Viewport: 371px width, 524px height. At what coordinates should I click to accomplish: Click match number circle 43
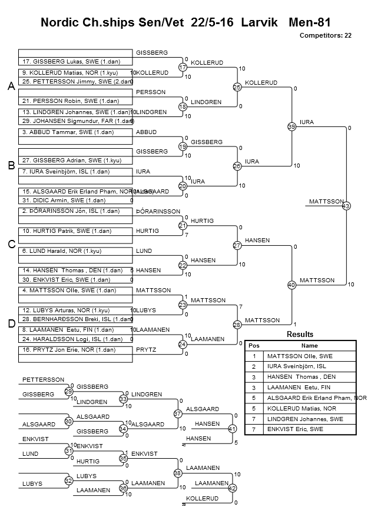click(x=346, y=206)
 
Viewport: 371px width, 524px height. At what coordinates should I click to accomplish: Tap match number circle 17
click(x=183, y=68)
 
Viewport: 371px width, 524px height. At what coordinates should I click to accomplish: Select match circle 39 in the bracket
click(x=291, y=126)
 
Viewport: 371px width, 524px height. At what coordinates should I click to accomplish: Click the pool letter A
click(x=11, y=86)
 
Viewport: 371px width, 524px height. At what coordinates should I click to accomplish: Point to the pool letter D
click(x=11, y=324)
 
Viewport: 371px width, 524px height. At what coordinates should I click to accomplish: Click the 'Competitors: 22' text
click(x=326, y=35)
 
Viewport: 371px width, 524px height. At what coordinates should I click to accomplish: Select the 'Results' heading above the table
click(x=300, y=334)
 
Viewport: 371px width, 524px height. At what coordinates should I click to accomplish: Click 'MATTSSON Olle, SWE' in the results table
click(x=300, y=356)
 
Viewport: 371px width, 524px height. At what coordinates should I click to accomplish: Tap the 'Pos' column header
click(x=254, y=346)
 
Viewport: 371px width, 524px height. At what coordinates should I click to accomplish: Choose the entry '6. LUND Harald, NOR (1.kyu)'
click(x=62, y=251)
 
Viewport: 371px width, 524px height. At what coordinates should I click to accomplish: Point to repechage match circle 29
click(x=68, y=391)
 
